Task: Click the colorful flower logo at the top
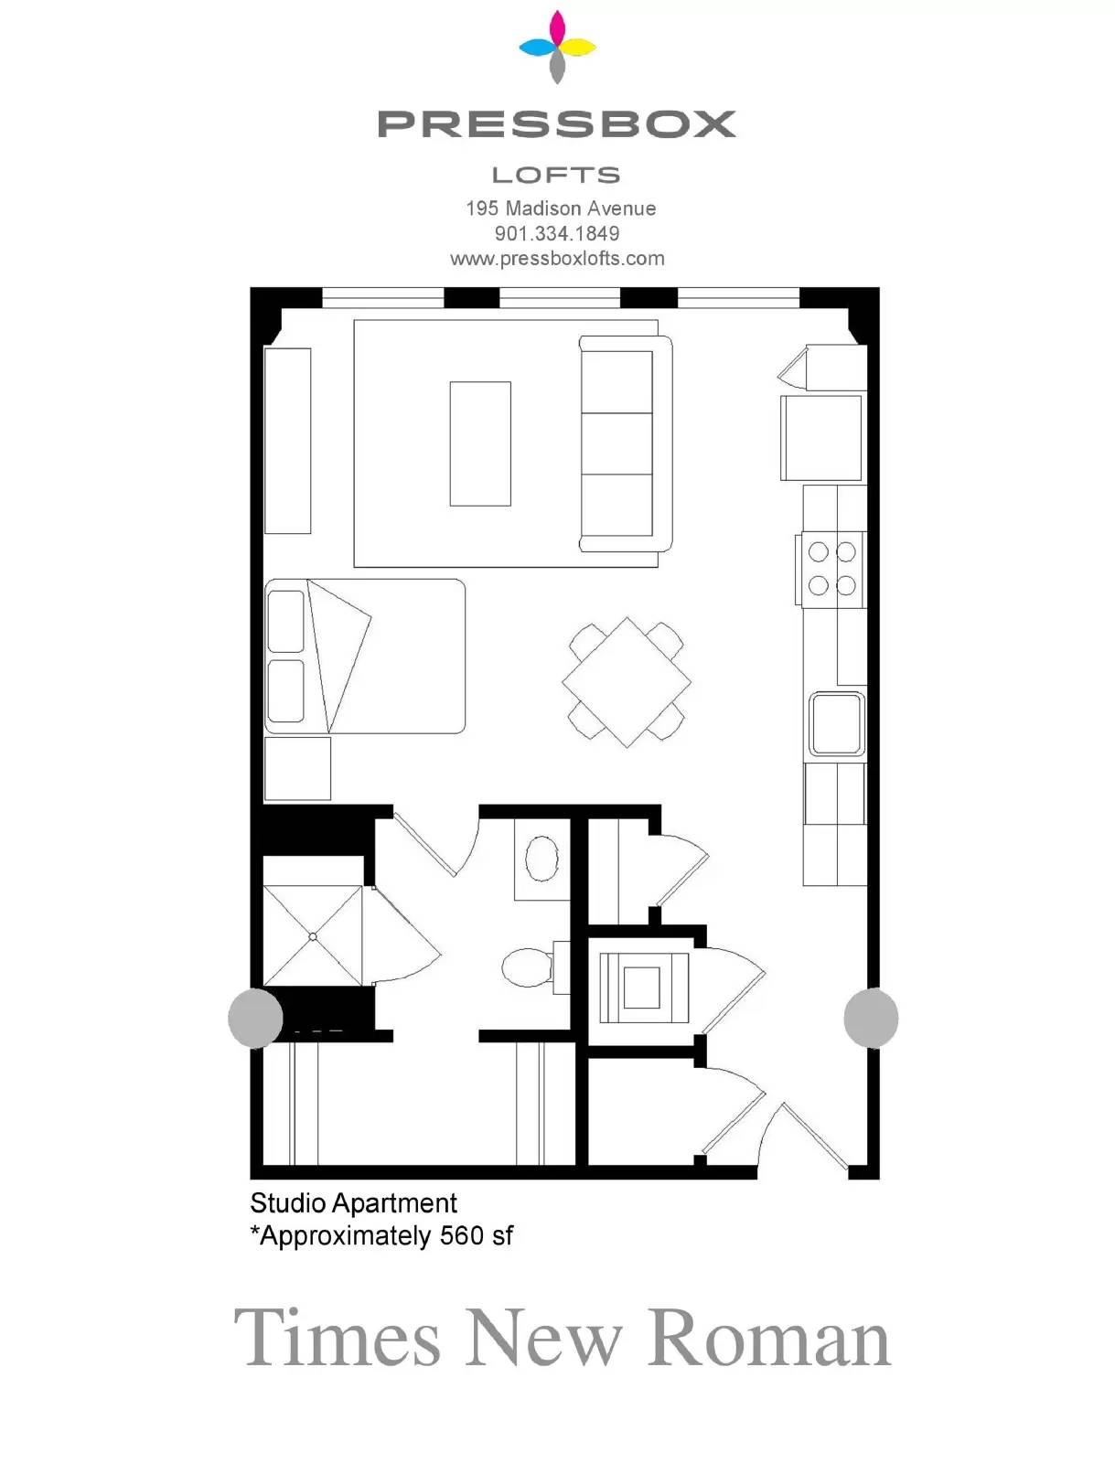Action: point(557,47)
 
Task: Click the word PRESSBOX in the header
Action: point(556,124)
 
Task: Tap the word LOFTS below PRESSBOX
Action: point(556,176)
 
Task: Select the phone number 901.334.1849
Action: point(557,233)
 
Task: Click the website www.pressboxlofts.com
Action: point(557,259)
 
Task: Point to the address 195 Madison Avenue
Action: point(561,208)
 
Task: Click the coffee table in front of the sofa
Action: point(480,443)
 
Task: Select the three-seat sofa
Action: point(625,443)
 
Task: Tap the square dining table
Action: point(627,682)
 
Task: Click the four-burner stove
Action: point(831,570)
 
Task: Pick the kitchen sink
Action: point(837,724)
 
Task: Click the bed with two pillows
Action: point(365,657)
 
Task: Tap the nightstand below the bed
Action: point(297,768)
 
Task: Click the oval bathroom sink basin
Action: point(541,858)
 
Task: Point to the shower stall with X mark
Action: point(313,935)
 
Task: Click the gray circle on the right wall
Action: point(871,1018)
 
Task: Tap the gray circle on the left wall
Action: point(255,1018)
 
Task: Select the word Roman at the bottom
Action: point(769,1337)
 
